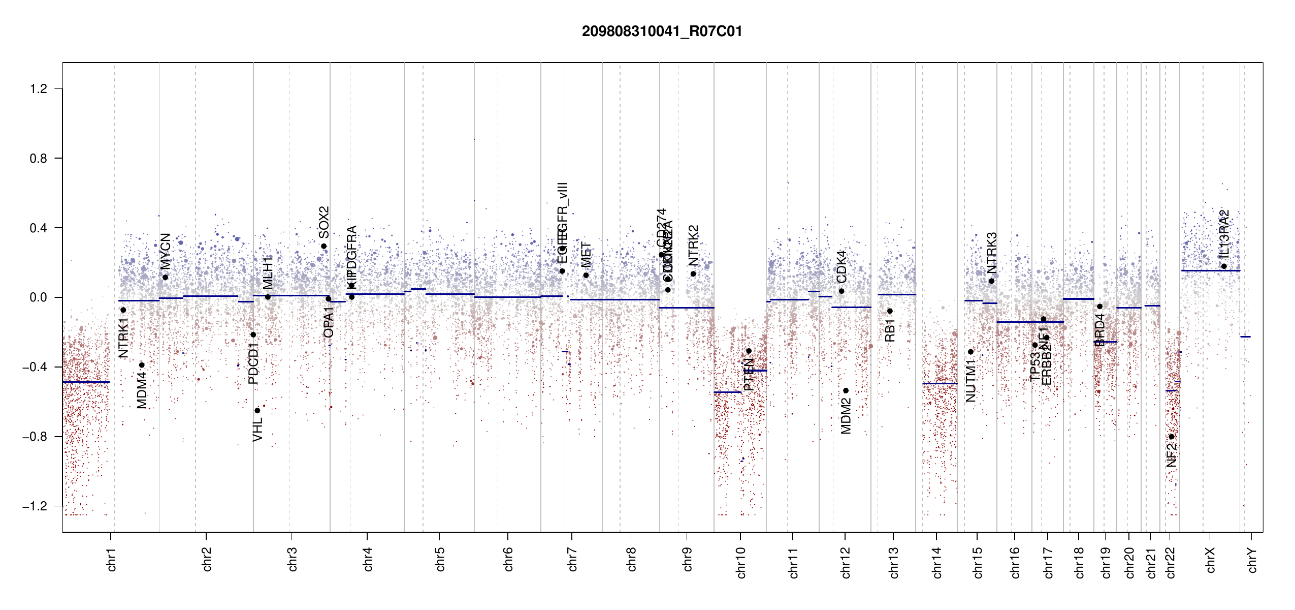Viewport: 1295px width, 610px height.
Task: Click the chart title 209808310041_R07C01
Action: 662,32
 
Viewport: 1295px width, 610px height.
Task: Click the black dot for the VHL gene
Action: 257,410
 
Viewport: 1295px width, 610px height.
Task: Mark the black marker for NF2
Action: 1172,437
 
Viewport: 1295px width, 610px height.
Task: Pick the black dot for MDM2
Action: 846,390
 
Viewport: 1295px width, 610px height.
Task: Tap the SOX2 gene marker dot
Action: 324,247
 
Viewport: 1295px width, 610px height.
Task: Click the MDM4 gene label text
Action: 142,390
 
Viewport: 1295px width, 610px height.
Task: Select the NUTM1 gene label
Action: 971,380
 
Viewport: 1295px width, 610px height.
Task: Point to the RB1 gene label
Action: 890,330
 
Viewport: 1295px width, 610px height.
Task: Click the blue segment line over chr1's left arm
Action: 86,382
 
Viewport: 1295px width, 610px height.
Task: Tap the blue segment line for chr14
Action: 940,383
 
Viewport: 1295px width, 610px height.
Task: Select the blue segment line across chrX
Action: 1210,270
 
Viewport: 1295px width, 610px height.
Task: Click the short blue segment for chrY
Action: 1245,337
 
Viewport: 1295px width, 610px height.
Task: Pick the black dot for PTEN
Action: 749,351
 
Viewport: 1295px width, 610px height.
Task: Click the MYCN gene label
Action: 166,251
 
